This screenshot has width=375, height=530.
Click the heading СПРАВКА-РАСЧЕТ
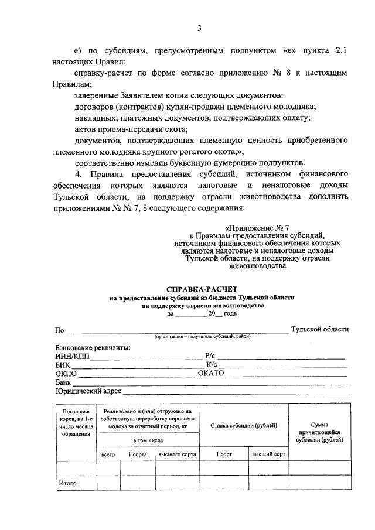point(202,289)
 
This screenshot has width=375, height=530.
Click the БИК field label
point(63,364)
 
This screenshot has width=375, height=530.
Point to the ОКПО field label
point(66,373)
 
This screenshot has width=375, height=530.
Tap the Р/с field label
point(211,355)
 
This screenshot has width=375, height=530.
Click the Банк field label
point(63,382)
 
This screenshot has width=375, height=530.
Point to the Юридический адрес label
point(88,391)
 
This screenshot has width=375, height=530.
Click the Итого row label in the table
point(67,483)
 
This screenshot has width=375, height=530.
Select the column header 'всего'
point(108,454)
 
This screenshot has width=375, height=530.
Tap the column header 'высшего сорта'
point(176,454)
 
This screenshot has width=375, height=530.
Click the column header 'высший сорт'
point(268,454)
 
